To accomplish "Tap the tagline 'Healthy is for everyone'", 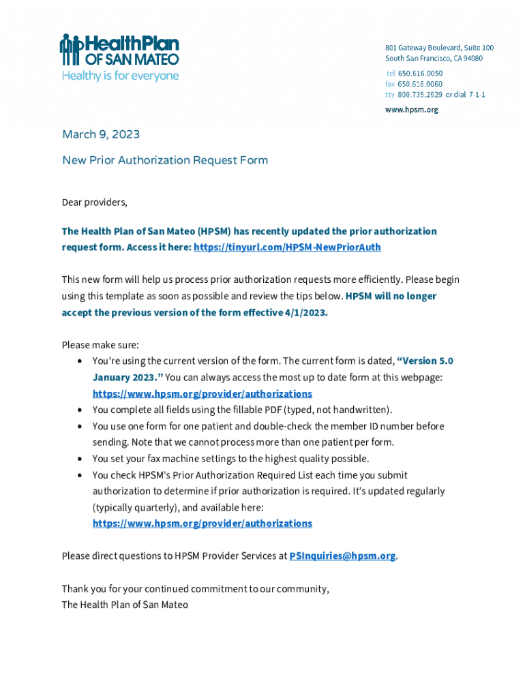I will pyautogui.click(x=121, y=76).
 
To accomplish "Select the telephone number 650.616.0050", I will pyautogui.click(x=420, y=73).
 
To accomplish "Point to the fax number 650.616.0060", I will pyautogui.click(x=420, y=84).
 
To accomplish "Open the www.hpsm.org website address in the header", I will pyautogui.click(x=411, y=109).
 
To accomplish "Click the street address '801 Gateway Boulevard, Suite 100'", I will pyautogui.click(x=439, y=48).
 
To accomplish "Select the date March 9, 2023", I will pyautogui.click(x=101, y=134).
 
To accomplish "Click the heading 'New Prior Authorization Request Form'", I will pyautogui.click(x=165, y=160).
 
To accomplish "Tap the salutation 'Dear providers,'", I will pyautogui.click(x=95, y=202).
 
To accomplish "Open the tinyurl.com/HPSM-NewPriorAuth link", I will pyautogui.click(x=287, y=247).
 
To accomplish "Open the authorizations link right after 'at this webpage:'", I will pyautogui.click(x=202, y=394).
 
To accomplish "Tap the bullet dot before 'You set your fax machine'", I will pyautogui.click(x=80, y=459).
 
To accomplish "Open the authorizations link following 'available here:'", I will pyautogui.click(x=202, y=523).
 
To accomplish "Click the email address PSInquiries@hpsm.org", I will pyautogui.click(x=342, y=556).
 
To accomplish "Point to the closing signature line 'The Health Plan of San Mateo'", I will pyautogui.click(x=125, y=605).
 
